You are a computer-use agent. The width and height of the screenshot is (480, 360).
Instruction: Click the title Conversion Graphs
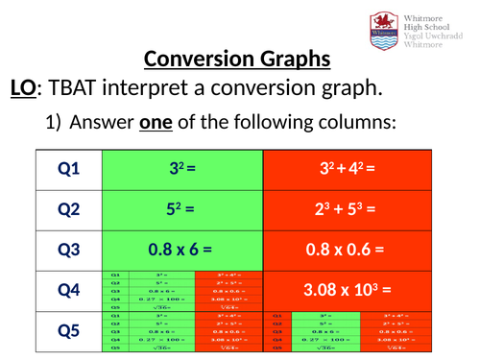[x=237, y=60]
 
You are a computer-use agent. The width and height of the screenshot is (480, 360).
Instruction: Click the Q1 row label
[x=69, y=169]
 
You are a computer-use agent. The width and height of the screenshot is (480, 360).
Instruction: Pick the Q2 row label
[x=69, y=209]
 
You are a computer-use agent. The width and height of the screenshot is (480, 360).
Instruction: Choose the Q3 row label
[x=69, y=250]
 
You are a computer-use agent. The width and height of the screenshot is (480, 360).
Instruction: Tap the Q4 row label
[x=69, y=290]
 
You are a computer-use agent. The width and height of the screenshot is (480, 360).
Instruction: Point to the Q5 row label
[x=69, y=332]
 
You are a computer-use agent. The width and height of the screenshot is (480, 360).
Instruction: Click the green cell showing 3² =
[x=182, y=169]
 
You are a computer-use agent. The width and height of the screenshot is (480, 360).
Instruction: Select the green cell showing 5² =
[x=182, y=209]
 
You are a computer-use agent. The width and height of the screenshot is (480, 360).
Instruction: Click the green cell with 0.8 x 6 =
[x=182, y=250]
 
